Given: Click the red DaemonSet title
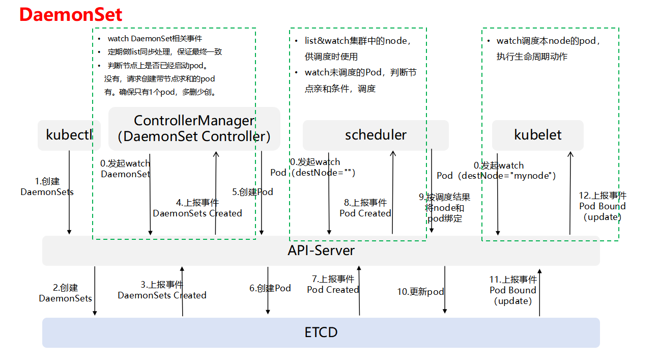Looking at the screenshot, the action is coord(71,14).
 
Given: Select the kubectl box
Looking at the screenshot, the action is coord(69,135).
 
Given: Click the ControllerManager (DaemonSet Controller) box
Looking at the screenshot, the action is coord(194,129).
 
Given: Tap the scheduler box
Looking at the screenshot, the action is coord(376,135).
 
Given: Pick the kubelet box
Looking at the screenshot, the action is coord(537,135).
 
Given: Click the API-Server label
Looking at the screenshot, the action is coord(321,251).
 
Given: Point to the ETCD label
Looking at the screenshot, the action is coord(321,333).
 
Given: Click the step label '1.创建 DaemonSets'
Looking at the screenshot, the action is coord(47,186).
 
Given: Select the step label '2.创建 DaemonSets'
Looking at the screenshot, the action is coord(65,293).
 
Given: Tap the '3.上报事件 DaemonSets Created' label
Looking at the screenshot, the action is coord(162,290).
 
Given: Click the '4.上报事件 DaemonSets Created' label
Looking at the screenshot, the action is coord(197,208).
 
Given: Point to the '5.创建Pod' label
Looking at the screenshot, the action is coord(252,192).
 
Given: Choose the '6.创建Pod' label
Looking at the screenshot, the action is coord(270,288).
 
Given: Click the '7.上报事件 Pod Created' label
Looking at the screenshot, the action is coord(333,284).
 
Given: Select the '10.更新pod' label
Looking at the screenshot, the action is coord(420,292).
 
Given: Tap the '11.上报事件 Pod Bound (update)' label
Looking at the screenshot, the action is coord(513,290).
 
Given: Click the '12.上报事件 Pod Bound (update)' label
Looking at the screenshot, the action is coord(603,206).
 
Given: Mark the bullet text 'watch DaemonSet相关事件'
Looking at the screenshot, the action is coord(155,39).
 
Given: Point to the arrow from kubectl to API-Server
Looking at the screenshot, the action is coord(69,192).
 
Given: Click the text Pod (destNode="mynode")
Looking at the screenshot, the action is coord(496,176).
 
